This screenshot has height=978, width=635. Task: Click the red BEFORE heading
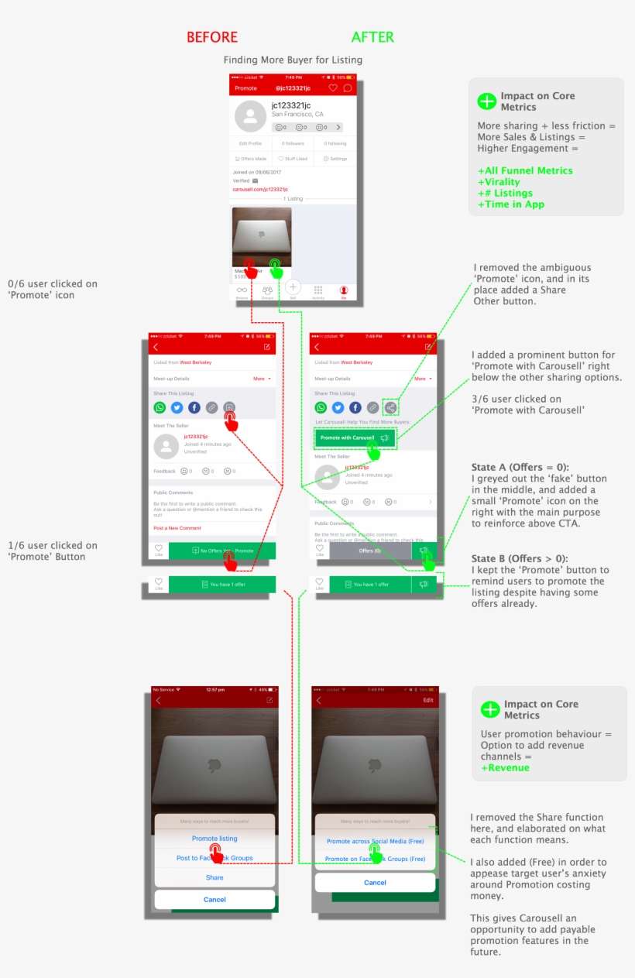coord(212,37)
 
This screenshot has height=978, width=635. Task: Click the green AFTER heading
coord(372,37)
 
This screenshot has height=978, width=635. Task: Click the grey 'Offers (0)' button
coord(370,551)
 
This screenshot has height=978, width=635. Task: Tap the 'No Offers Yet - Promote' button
coord(221,551)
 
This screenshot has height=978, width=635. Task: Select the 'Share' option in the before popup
coord(215,877)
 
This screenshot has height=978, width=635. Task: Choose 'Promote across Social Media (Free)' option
coord(376,841)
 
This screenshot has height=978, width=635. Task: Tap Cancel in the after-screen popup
coord(375,883)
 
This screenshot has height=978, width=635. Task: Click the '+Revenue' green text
coord(505,767)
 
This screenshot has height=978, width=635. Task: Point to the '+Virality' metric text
coord(499,182)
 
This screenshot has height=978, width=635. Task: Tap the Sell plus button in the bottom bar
coord(293,287)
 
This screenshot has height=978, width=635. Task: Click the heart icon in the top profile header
coord(333,88)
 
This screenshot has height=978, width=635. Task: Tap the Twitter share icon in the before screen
coord(177,407)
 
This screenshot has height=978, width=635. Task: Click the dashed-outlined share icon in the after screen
coord(391,407)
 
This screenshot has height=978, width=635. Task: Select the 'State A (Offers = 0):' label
coord(520,467)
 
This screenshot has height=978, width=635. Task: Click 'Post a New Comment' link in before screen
coord(177,528)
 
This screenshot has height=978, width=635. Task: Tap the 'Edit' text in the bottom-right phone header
coord(427,700)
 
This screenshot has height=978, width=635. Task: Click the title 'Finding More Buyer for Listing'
coord(293,60)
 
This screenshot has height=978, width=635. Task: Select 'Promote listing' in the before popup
coord(215,839)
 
